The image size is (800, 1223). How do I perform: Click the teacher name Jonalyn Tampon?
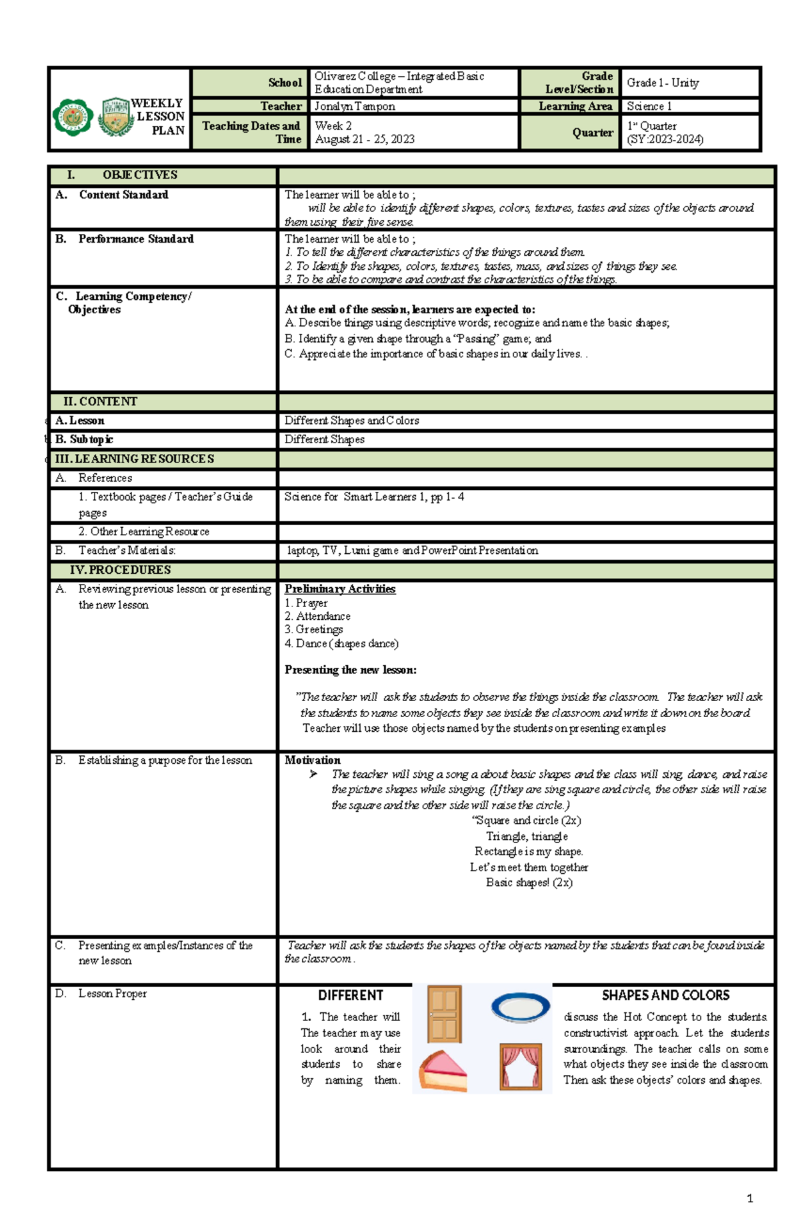[355, 107]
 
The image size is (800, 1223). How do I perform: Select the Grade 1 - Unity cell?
[663, 83]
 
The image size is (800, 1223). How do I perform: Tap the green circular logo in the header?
[73, 117]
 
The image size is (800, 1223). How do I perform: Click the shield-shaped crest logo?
[117, 117]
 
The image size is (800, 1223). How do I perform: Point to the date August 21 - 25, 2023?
[365, 139]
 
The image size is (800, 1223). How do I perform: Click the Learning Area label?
[575, 107]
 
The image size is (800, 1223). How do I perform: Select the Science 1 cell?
[649, 107]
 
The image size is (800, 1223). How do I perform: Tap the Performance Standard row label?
[135, 239]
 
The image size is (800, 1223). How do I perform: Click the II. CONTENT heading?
[100, 402]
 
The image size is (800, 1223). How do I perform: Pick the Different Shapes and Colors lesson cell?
[351, 421]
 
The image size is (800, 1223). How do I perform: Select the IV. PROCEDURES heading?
[120, 570]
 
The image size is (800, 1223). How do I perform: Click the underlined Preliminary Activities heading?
[340, 589]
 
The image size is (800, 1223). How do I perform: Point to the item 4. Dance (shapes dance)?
[341, 644]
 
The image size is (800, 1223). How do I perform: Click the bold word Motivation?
[312, 760]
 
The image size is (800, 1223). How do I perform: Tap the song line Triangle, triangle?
[527, 836]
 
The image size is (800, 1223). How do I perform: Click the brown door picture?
[445, 1014]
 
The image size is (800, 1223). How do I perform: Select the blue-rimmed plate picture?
[521, 1007]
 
